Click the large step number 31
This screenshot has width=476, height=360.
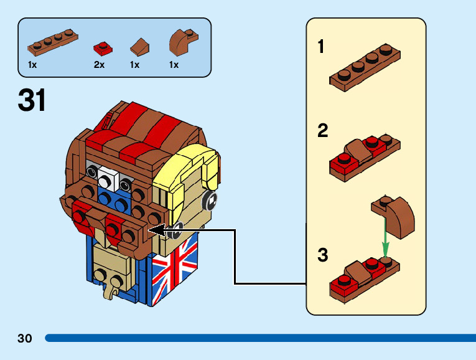click(x=32, y=100)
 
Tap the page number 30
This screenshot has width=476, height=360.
click(x=25, y=338)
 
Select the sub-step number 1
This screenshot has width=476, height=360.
click(x=321, y=47)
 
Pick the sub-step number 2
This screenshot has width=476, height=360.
click(x=323, y=130)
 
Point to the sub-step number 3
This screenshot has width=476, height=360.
click(x=323, y=255)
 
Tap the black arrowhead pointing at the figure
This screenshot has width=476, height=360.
click(x=157, y=230)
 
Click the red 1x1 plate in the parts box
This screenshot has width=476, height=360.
click(x=103, y=48)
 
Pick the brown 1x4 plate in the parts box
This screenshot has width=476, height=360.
click(x=53, y=42)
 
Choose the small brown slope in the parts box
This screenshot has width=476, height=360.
click(x=139, y=47)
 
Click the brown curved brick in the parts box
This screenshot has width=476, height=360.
click(x=184, y=42)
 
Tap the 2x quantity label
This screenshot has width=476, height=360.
click(x=99, y=65)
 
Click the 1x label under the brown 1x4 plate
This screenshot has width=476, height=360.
click(x=32, y=65)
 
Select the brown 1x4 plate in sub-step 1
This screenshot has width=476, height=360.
click(x=365, y=67)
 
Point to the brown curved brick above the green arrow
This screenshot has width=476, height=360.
click(x=393, y=216)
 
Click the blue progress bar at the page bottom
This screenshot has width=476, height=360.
click(x=261, y=338)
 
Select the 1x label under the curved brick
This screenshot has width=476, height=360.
click(x=174, y=65)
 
